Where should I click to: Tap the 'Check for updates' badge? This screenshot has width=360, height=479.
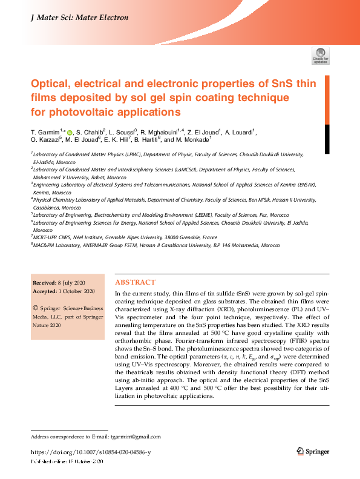pyautogui.click(x=320, y=55)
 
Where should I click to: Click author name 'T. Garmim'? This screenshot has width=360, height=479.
pyautogui.click(x=45, y=131)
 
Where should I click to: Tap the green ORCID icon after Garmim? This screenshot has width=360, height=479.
pyautogui.click(x=70, y=132)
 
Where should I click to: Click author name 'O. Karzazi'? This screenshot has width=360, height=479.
pyautogui.click(x=45, y=140)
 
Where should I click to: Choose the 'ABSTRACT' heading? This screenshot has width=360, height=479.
pyautogui.click(x=135, y=282)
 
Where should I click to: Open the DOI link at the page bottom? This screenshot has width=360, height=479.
pyautogui.click(x=90, y=452)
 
